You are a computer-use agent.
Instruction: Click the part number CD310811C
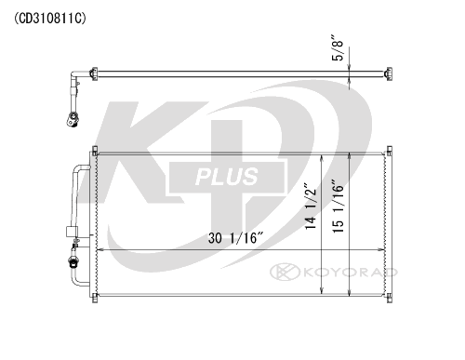pyautogui.click(x=50, y=19)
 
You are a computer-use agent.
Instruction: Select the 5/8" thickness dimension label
pyautogui.click(x=338, y=47)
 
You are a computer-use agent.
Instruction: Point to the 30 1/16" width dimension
pyautogui.click(x=235, y=238)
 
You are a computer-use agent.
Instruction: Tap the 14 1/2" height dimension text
pyautogui.click(x=310, y=206)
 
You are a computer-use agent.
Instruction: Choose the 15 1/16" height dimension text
pyautogui.click(x=338, y=206)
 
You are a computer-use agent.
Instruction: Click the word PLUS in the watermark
pyautogui.click(x=227, y=177)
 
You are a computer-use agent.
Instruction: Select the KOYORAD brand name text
pyautogui.click(x=351, y=273)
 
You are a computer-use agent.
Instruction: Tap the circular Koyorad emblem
pyautogui.click(x=285, y=272)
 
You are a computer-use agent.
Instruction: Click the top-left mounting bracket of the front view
pyautogui.click(x=95, y=151)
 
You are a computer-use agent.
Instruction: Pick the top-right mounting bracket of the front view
pyautogui.click(x=390, y=151)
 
